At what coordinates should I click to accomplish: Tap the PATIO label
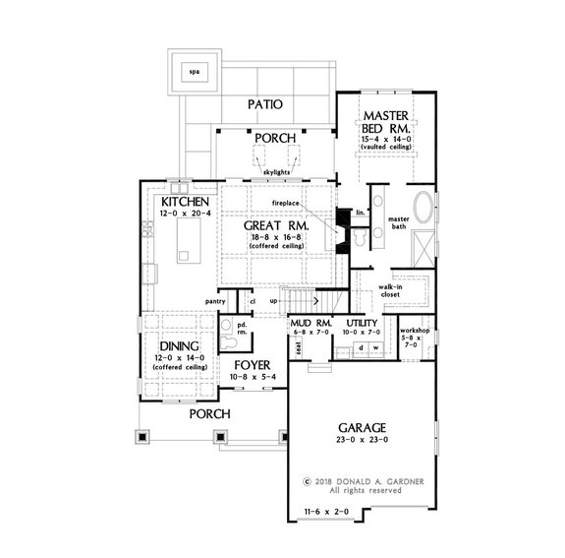[264, 103]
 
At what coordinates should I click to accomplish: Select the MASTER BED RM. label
[385, 122]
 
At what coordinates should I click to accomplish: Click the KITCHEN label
[182, 201]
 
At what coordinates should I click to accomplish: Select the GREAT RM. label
[277, 225]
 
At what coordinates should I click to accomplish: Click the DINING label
[177, 346]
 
